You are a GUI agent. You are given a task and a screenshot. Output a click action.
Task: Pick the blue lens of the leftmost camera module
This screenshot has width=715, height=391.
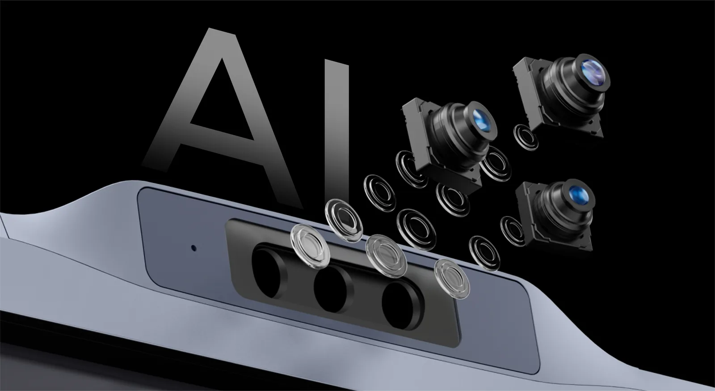coord(482,120)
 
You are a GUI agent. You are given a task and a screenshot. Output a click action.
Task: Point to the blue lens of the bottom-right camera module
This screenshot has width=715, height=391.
coord(579,195)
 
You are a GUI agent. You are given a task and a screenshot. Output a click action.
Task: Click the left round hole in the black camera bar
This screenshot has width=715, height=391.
coord(268,273)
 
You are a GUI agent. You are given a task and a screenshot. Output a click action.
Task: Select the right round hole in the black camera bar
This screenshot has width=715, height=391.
coord(400,306)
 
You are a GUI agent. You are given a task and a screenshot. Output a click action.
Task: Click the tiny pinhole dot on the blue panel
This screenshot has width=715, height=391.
coord(193,248)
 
